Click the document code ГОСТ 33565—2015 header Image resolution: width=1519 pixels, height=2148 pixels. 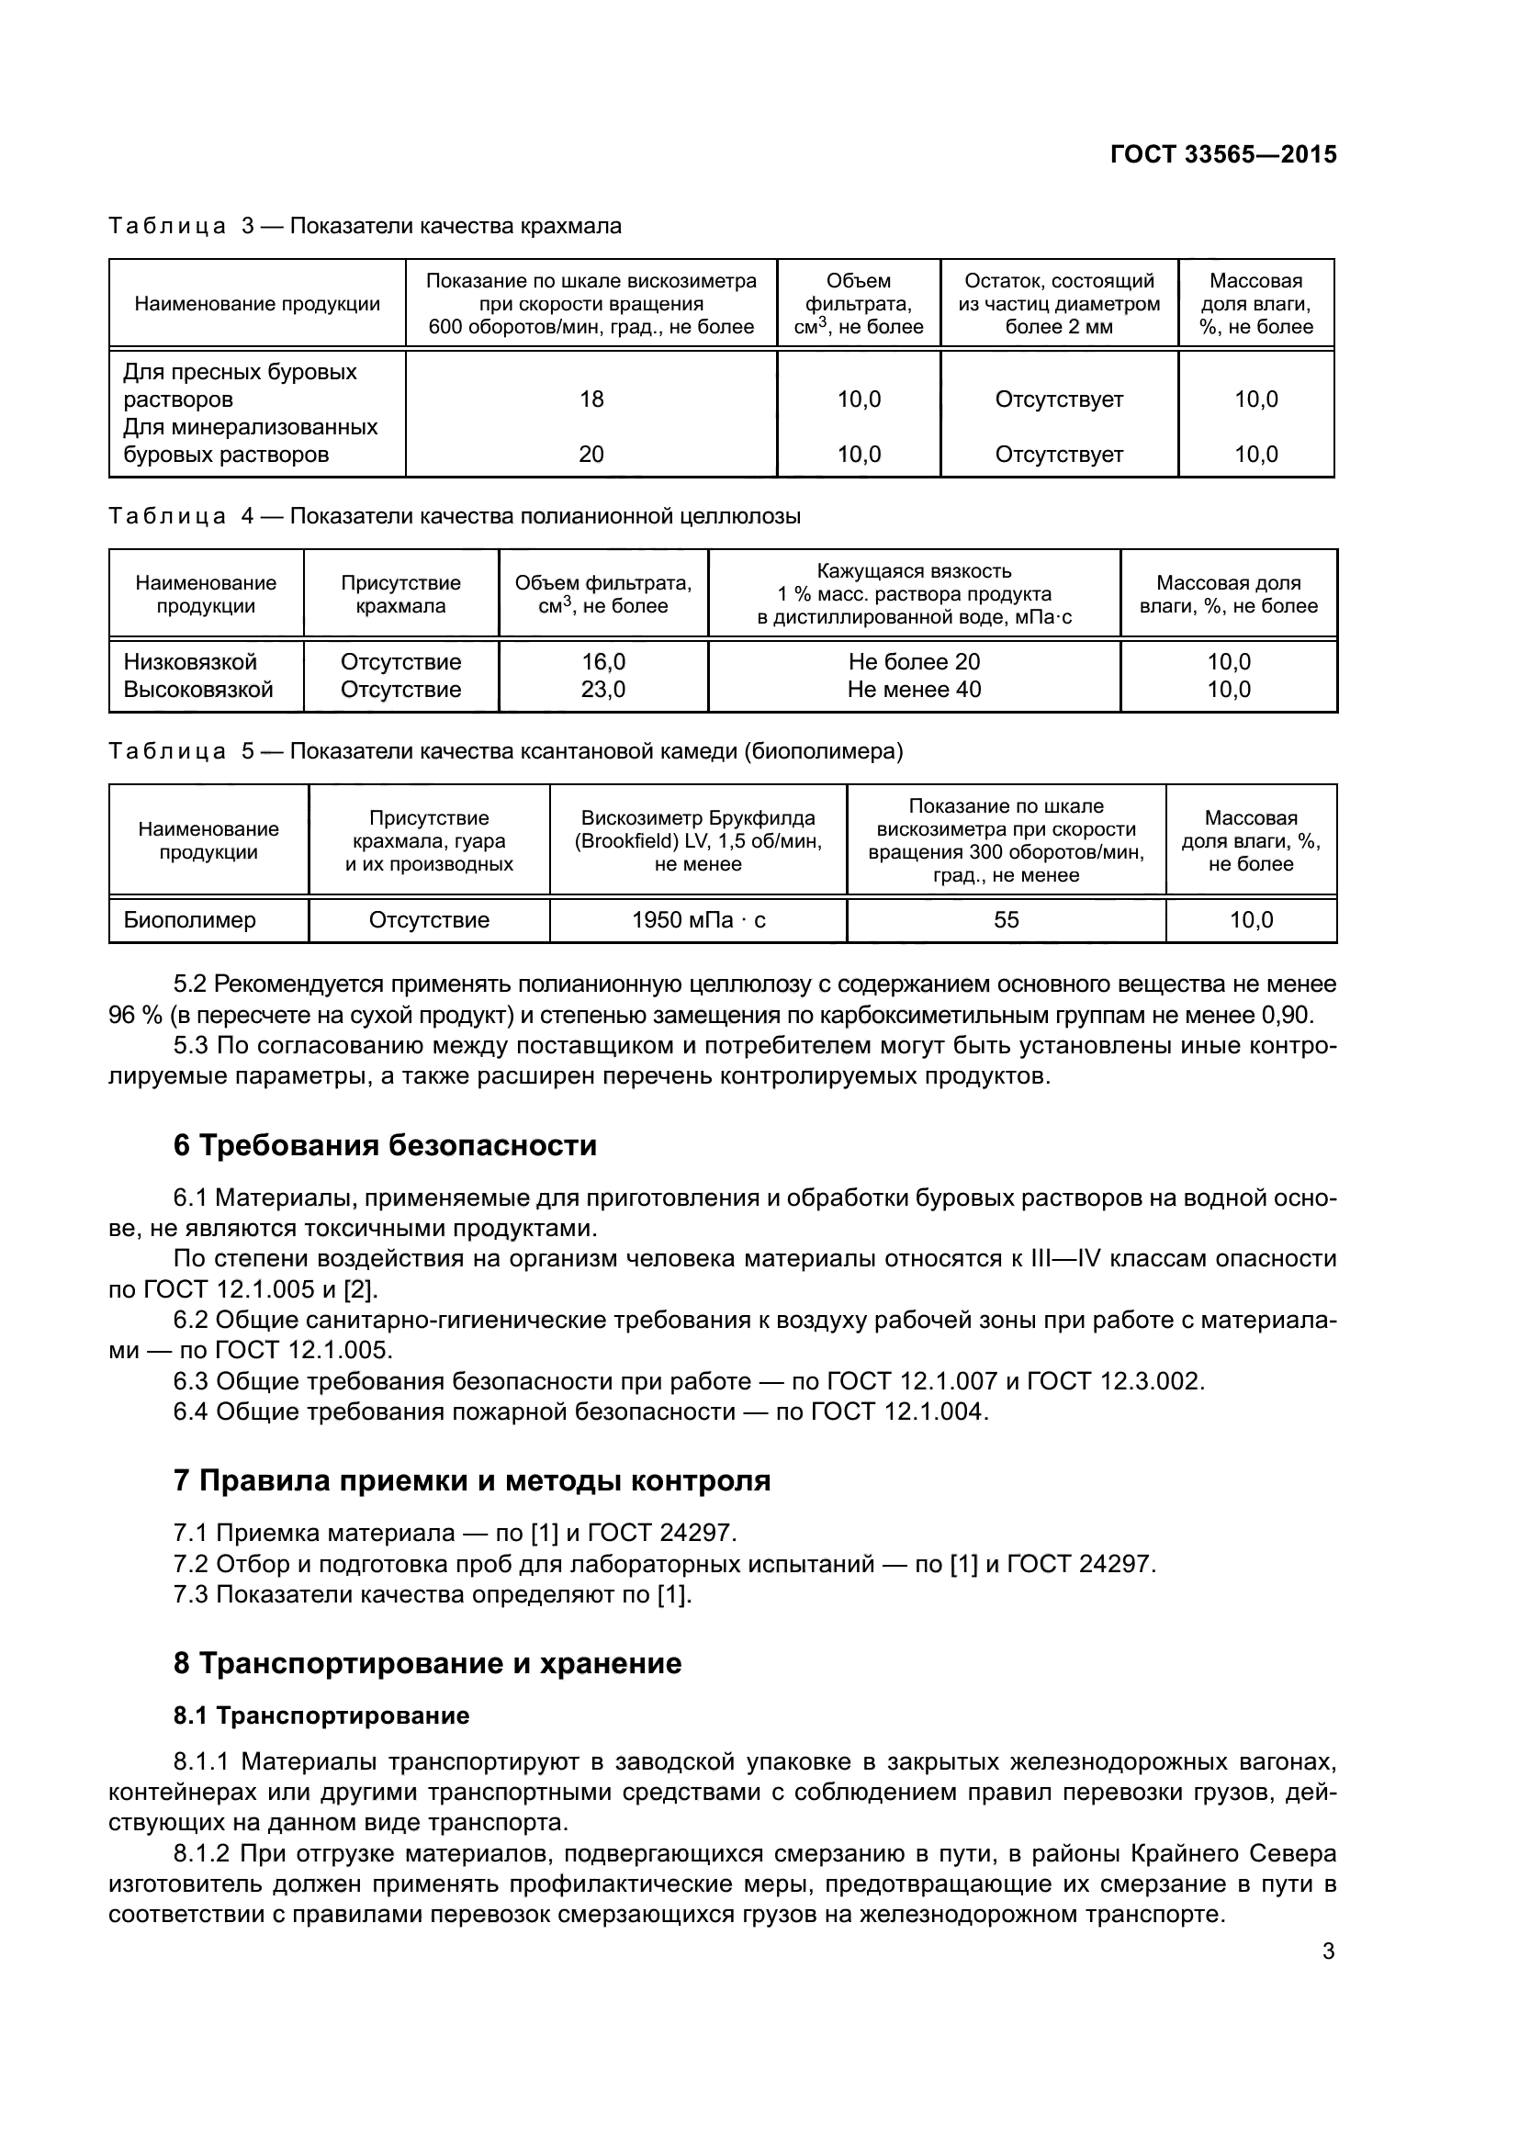tap(1222, 154)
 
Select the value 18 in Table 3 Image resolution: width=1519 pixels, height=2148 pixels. tap(591, 399)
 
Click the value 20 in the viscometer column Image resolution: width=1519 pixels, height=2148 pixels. tap(591, 455)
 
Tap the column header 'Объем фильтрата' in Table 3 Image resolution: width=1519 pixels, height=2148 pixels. tap(858, 304)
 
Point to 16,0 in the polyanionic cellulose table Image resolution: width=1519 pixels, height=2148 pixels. tap(603, 662)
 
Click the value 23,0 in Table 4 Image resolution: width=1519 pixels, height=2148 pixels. tap(603, 690)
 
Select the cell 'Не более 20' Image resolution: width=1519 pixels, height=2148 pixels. tap(914, 662)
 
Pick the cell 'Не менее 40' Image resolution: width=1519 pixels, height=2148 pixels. tap(914, 690)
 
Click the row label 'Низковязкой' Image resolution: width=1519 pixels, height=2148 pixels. tap(190, 662)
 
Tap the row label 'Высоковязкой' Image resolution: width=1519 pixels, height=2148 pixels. tap(198, 690)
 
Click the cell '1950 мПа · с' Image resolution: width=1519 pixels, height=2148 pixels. tap(698, 919)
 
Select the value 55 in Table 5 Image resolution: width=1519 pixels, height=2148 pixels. tap(1006, 919)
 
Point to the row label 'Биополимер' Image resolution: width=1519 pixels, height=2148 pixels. tap(189, 919)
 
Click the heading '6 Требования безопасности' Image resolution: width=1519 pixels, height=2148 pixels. tap(385, 1145)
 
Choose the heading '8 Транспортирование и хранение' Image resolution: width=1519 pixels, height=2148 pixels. tap(427, 1663)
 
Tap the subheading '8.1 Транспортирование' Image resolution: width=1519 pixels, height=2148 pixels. tap(321, 1715)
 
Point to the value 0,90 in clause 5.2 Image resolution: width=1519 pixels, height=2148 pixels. tap(1287, 1015)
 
